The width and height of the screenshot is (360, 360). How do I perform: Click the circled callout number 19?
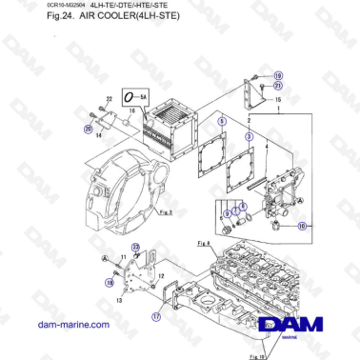click(278, 74)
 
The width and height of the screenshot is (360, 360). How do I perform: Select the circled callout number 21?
click(278, 86)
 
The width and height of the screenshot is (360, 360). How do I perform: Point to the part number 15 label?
click(277, 99)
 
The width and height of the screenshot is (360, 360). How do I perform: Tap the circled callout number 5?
click(221, 121)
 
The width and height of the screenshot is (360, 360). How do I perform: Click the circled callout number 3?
click(249, 137)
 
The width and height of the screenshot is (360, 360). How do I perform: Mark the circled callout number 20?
click(89, 129)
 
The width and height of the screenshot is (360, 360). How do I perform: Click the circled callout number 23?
click(136, 249)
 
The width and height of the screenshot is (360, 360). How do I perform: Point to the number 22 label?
click(108, 98)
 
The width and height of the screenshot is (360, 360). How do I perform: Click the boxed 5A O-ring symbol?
click(140, 97)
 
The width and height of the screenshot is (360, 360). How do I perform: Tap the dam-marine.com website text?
click(56, 325)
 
